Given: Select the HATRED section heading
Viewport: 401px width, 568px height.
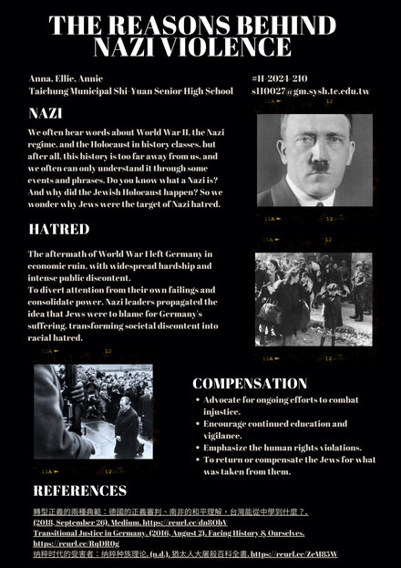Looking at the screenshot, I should (58, 228).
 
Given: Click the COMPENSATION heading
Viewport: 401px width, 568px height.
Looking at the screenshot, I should (249, 383).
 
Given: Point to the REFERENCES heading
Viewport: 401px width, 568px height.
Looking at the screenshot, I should (79, 491).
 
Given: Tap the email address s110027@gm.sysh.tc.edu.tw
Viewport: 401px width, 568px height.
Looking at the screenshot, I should (311, 91).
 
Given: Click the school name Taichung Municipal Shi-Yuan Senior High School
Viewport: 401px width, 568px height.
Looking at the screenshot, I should (130, 91).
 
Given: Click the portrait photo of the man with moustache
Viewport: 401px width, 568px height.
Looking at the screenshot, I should (314, 160).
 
